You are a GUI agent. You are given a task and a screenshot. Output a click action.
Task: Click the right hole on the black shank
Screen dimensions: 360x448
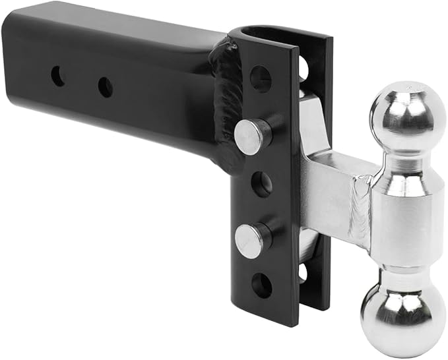105,86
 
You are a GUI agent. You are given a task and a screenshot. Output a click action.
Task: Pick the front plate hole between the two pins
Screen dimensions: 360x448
261,185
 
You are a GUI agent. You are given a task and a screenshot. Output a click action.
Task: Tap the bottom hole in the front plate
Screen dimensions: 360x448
261,285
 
